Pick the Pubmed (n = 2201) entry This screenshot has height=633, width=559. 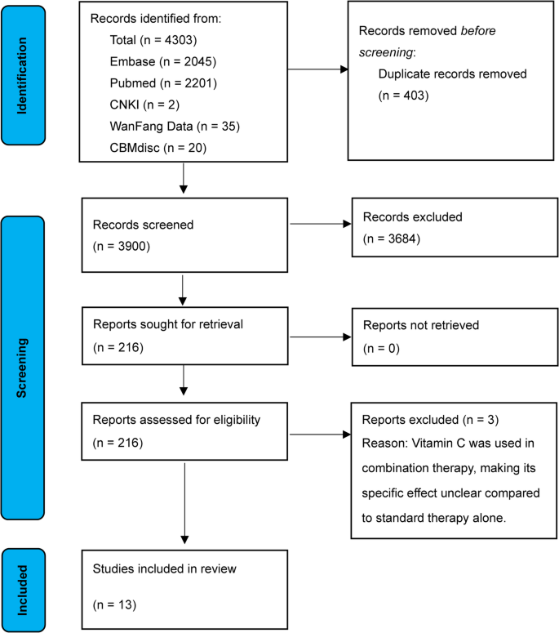pos(159,82)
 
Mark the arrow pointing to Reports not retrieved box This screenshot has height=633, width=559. pos(319,337)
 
